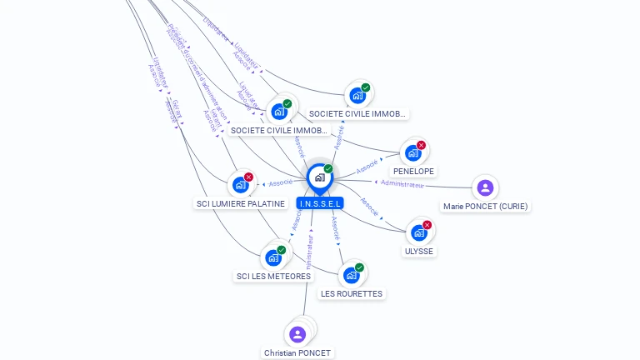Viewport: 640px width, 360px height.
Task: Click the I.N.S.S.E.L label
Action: (x=319, y=203)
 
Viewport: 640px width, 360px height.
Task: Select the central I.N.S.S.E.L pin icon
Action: (x=319, y=177)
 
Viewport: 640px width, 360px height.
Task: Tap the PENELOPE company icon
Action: (x=412, y=153)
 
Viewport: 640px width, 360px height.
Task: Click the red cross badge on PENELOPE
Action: (x=421, y=146)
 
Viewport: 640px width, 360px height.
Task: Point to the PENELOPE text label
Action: (x=413, y=172)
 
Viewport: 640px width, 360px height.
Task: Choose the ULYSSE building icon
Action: (x=418, y=232)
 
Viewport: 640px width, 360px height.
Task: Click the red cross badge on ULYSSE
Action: (x=427, y=225)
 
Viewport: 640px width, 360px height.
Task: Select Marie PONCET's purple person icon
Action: (x=485, y=187)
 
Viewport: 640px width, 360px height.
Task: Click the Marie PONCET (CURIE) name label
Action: (x=486, y=206)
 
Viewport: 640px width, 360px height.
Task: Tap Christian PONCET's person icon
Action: (x=297, y=334)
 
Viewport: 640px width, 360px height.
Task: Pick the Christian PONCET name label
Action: (x=297, y=353)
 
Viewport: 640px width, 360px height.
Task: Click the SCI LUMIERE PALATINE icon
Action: (x=241, y=184)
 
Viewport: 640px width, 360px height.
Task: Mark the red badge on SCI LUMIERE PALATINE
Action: (x=248, y=177)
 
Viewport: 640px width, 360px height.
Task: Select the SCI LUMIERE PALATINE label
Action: (x=240, y=203)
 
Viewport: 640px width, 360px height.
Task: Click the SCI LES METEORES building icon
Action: (x=273, y=257)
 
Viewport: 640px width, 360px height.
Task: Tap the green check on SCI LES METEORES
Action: (x=282, y=250)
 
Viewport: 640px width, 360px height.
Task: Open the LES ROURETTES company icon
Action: (x=351, y=275)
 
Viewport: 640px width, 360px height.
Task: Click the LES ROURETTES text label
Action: (x=352, y=294)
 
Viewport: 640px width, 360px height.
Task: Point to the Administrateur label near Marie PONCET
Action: (x=402, y=183)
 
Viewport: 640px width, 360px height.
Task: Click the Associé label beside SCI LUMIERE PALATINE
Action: (x=281, y=182)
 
